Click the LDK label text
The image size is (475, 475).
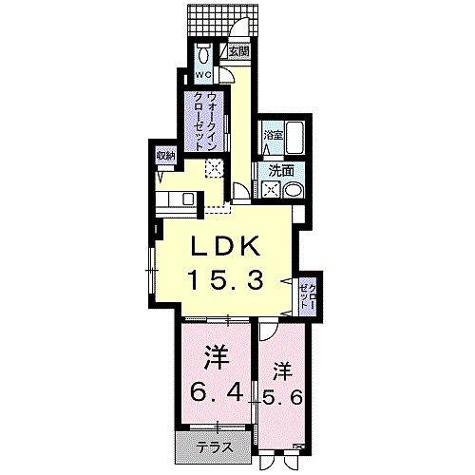click(226, 245)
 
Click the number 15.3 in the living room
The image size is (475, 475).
click(226, 280)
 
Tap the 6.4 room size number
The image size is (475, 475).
click(218, 390)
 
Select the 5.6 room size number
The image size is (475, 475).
click(282, 397)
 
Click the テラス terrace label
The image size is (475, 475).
click(217, 446)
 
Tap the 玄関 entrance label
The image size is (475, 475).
click(237, 52)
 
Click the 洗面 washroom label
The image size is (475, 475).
click(280, 171)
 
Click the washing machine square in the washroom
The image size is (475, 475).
click(270, 189)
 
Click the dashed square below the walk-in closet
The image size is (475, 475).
click(216, 168)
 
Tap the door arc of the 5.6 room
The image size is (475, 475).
click(269, 332)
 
